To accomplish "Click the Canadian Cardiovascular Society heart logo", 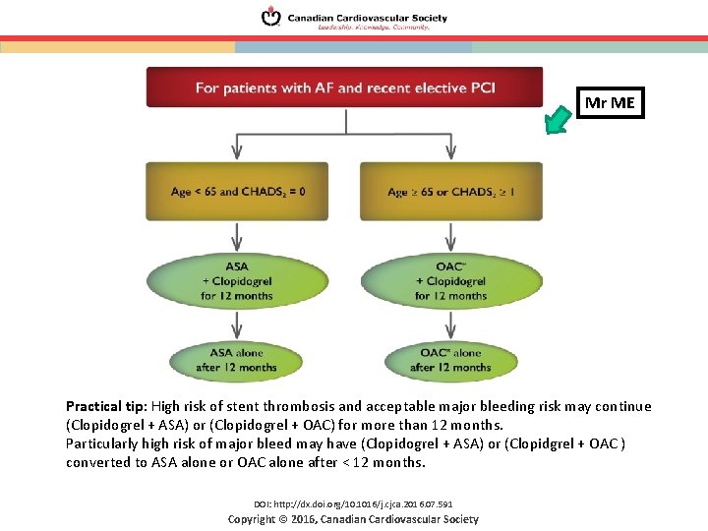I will (x=270, y=17).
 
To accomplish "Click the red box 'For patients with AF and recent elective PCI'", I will (x=344, y=88).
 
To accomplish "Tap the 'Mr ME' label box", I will (x=610, y=102).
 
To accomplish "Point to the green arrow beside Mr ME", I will (x=559, y=120).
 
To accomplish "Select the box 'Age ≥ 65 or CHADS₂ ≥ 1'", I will (x=450, y=191).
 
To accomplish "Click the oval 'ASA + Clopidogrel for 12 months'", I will (x=237, y=280).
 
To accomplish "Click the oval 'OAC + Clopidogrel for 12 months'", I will (x=450, y=280).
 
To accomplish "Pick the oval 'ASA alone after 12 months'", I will (x=237, y=360).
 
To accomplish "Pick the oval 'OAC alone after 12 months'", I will (x=450, y=360).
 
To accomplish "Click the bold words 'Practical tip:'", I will (x=105, y=406).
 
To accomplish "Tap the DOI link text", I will (x=353, y=504).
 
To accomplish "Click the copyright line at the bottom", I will (x=353, y=519).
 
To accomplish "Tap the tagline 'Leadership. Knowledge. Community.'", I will (x=373, y=28).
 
